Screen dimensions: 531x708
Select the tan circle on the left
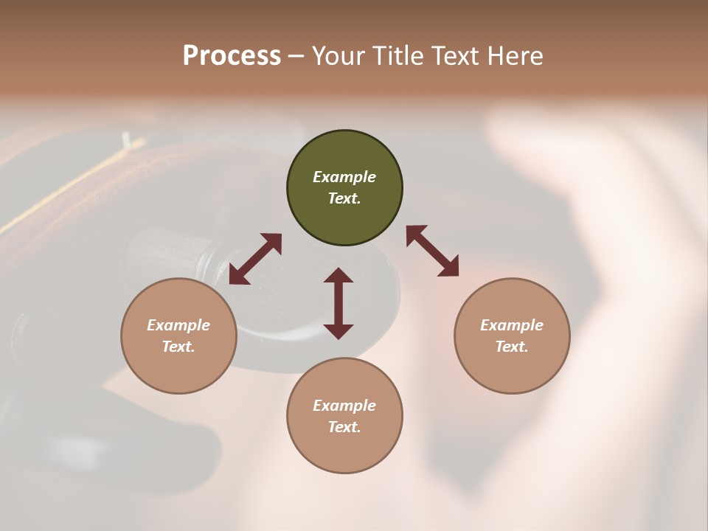coord(178,336)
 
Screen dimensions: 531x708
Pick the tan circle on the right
coord(512,336)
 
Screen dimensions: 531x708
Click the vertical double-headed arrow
coord(339,303)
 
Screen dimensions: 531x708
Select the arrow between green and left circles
coord(255,259)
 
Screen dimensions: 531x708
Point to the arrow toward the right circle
coord(432,251)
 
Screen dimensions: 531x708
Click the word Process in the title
coord(232,56)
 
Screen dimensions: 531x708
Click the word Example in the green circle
coord(344,177)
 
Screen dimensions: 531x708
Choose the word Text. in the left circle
coord(178,347)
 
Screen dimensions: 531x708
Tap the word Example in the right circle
coord(512,325)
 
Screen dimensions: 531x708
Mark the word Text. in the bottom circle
coord(344,427)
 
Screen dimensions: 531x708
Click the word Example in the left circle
coord(178,325)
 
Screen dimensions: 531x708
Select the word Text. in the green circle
coord(344,198)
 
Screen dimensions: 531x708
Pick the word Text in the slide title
coord(456,56)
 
